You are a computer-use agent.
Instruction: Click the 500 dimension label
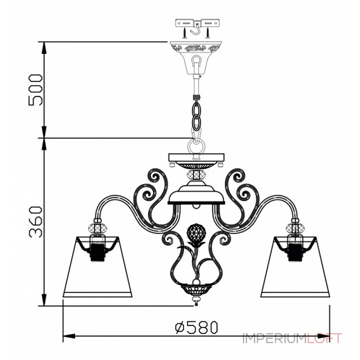tap(36, 90)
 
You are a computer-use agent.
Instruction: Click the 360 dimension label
tap(36, 222)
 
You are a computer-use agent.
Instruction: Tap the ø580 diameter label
tap(196, 327)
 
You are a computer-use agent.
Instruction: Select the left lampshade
tap(98, 267)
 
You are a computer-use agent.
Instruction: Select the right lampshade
tap(296, 267)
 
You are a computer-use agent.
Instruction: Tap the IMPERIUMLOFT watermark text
tap(292, 338)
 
